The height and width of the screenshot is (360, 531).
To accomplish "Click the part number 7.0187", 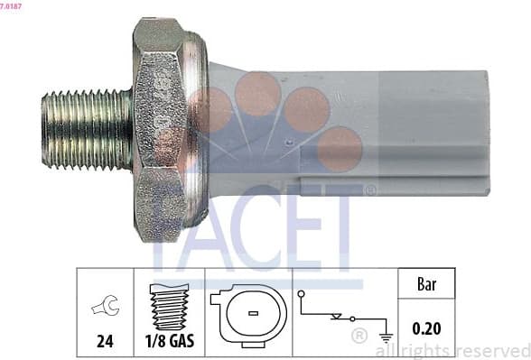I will pos(12,5).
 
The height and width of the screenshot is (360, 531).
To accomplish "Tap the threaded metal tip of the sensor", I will pos(86,128).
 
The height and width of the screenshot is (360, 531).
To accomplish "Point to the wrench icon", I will pos(105,308).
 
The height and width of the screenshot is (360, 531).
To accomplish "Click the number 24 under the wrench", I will pos(105,341).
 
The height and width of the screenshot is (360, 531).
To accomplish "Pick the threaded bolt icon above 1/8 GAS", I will pos(169,306).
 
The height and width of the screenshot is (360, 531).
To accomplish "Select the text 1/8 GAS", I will pos(170,341).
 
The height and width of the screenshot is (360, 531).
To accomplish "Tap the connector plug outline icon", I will pos(247,315).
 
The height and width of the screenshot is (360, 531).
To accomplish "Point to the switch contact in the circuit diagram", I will pos(339,317).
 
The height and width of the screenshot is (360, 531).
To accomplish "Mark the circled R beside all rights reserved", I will pos(359,337).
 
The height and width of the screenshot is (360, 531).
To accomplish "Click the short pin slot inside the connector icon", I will pos(255,313).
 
